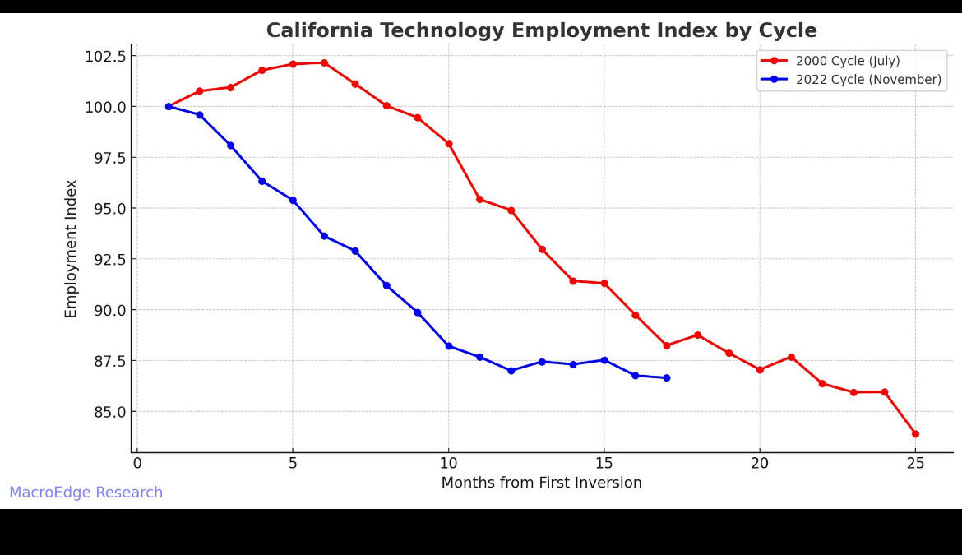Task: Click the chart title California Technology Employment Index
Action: click(541, 31)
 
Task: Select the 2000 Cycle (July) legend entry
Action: click(847, 61)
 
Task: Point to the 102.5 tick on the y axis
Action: click(106, 56)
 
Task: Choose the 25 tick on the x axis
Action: click(915, 464)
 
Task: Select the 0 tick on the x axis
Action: click(137, 464)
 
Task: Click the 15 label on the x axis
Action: click(604, 464)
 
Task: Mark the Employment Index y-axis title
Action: click(72, 248)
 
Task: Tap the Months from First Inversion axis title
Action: click(541, 483)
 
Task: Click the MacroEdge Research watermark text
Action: click(86, 493)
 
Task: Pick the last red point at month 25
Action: click(915, 434)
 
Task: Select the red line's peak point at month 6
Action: click(324, 62)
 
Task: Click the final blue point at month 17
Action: click(666, 378)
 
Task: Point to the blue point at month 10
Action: click(449, 346)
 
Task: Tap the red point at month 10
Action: click(449, 144)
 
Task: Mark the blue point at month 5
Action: click(293, 200)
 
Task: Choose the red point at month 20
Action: click(760, 370)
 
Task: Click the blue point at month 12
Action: click(511, 371)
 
